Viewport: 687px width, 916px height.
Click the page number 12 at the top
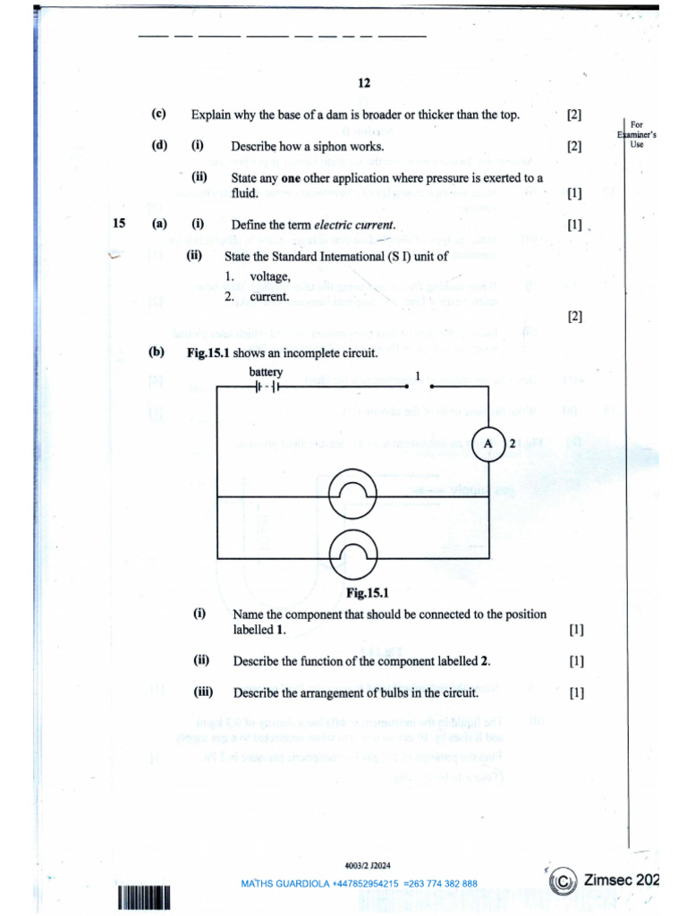pos(364,83)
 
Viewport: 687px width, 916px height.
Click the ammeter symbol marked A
pos(488,445)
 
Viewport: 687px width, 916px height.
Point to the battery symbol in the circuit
pos(267,387)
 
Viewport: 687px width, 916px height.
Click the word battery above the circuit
pos(267,371)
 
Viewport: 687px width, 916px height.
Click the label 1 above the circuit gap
pos(417,374)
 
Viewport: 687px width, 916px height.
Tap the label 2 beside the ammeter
pos(512,445)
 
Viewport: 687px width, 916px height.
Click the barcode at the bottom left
pos(142,898)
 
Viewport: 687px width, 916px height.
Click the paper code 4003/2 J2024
pos(367,865)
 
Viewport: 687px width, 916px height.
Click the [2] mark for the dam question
pos(573,114)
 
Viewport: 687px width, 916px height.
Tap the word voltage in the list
pos(270,277)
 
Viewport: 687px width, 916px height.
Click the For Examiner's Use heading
pos(636,134)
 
